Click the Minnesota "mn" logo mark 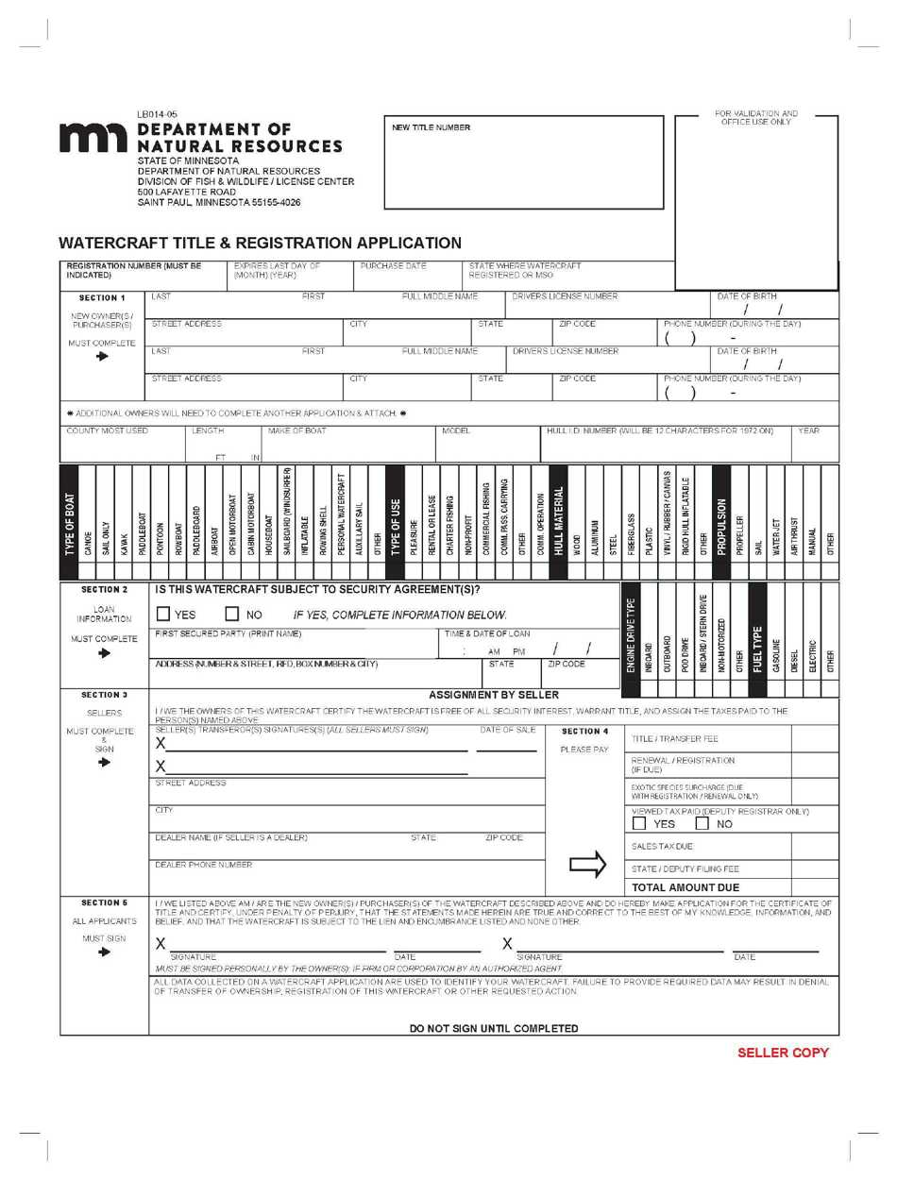tap(93, 139)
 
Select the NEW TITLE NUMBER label tap(432, 127)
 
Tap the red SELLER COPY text tap(783, 1052)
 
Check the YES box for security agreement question tap(163, 615)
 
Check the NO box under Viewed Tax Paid tap(702, 824)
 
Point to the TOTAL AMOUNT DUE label tap(685, 887)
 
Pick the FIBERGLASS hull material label tap(631, 534)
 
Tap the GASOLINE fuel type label tap(777, 653)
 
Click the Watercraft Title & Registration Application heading tap(260, 243)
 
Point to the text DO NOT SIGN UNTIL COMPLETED tap(494, 1028)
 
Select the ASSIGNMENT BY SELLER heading tap(494, 695)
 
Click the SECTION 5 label tap(104, 902)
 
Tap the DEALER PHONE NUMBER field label tap(203, 865)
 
